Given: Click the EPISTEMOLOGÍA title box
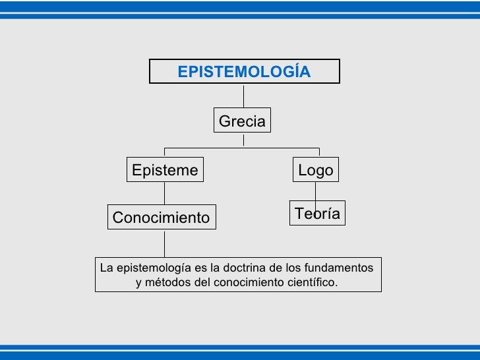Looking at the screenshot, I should tap(244, 71).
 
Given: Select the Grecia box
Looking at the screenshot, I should tap(242, 121).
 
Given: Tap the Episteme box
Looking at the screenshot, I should tap(165, 170).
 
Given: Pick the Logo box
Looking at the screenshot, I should tap(316, 170).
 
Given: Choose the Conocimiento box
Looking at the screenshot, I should tap(161, 218).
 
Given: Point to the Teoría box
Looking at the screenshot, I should tap(317, 213).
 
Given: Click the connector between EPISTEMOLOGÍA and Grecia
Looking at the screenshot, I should tap(244, 96).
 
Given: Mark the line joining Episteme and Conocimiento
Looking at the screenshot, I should tap(164, 193).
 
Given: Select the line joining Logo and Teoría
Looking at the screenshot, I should tap(315, 192).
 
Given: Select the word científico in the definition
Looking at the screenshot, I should tap(312, 283).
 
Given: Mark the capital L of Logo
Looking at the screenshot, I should tap(303, 170).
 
